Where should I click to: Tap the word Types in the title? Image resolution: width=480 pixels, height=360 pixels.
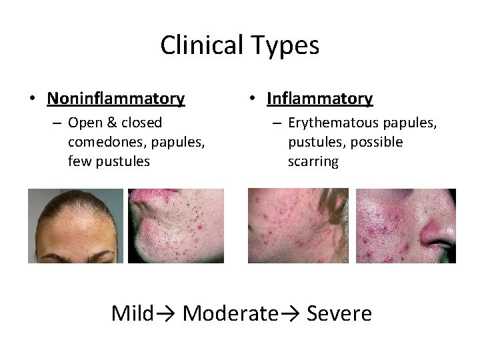click(x=287, y=46)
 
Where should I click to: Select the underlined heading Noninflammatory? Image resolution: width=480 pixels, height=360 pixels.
click(x=116, y=99)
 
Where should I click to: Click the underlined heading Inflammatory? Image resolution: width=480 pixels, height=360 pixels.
click(x=319, y=99)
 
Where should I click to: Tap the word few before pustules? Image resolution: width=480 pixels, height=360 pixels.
click(x=79, y=161)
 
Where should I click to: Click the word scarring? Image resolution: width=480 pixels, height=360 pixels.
click(x=313, y=161)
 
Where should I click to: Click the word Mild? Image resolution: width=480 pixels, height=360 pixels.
click(x=133, y=313)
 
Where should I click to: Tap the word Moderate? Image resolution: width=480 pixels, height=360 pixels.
click(x=229, y=313)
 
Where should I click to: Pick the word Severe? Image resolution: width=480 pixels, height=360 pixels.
click(x=339, y=313)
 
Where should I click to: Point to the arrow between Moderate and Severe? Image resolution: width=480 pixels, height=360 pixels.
click(x=291, y=313)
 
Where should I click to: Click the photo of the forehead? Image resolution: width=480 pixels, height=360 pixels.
click(x=75, y=225)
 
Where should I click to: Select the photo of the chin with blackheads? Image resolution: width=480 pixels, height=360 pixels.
click(x=176, y=225)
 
